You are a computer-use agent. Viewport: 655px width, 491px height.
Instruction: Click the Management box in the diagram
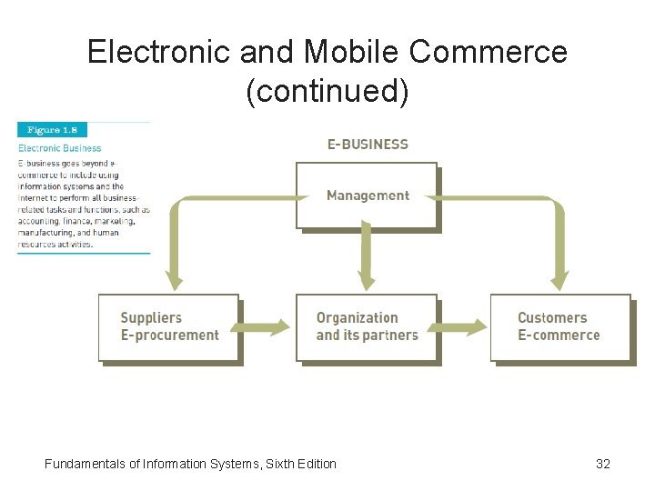pyautogui.click(x=367, y=195)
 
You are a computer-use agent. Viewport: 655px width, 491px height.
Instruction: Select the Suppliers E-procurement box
pyautogui.click(x=169, y=327)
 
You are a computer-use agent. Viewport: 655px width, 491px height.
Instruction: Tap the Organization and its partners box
pyautogui.click(x=367, y=327)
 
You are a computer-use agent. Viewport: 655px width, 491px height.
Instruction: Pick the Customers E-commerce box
pyautogui.click(x=559, y=327)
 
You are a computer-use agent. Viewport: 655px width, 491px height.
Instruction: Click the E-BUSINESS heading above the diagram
pyautogui.click(x=368, y=144)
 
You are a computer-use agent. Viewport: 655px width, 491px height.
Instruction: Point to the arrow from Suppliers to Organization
pyautogui.click(x=267, y=327)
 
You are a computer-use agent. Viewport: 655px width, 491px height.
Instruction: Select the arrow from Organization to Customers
pyautogui.click(x=464, y=327)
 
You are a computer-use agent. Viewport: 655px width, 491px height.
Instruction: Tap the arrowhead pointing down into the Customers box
pyautogui.click(x=559, y=281)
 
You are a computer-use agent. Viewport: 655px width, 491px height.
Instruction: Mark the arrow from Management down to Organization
pyautogui.click(x=367, y=259)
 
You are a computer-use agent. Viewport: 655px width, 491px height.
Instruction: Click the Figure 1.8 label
pyautogui.click(x=52, y=130)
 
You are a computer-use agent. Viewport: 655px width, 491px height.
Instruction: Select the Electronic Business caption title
pyautogui.click(x=60, y=148)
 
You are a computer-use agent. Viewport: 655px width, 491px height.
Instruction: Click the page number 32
pyautogui.click(x=602, y=464)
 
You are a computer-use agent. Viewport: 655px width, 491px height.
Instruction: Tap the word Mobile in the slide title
pyautogui.click(x=353, y=53)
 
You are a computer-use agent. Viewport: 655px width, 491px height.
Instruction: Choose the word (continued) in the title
pyautogui.click(x=327, y=91)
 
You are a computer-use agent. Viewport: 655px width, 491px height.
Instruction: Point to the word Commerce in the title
pyautogui.click(x=489, y=53)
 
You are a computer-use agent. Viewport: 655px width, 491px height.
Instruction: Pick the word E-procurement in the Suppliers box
pyautogui.click(x=170, y=336)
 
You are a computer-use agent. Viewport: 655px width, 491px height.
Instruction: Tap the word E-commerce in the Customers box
pyautogui.click(x=559, y=336)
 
